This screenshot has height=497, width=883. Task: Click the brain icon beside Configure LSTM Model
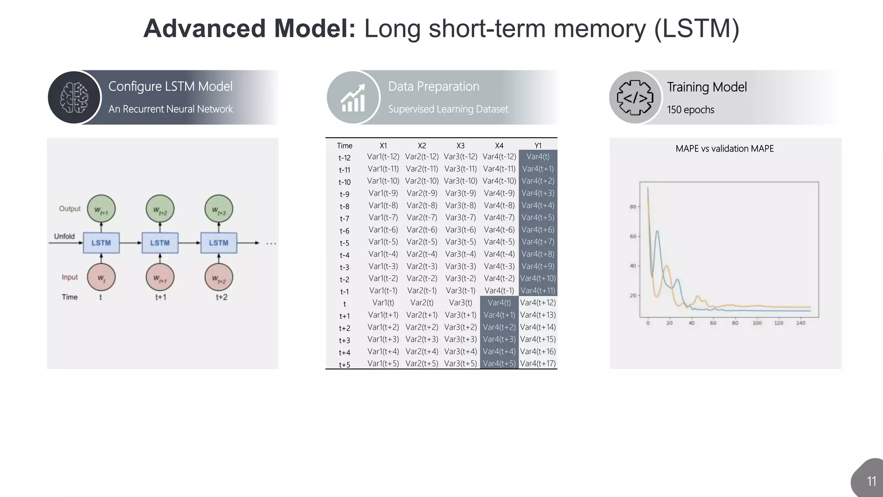pos(74,98)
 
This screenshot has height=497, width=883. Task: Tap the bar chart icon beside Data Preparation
pos(353,98)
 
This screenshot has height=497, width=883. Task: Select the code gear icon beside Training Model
pos(635,98)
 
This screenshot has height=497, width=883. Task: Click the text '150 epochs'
pos(690,110)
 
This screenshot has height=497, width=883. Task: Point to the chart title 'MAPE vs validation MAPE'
pos(724,148)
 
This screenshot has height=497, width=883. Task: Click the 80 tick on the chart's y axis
pos(633,207)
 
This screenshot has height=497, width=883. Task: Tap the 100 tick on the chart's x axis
pos(757,323)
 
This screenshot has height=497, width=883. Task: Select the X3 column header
pos(460,146)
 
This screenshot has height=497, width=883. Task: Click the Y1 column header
pos(538,146)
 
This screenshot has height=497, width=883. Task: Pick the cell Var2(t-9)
pos(422,193)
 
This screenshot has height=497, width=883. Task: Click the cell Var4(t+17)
pos(538,363)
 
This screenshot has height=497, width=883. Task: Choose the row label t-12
pos(344,158)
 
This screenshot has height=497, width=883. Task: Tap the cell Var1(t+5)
pos(383,363)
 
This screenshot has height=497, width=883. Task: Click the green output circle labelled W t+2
pos(160,209)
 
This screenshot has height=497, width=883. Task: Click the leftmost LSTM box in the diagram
pos(101,243)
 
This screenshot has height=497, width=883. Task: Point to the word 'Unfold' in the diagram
pos(64,236)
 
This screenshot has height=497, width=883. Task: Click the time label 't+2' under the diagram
pos(221,297)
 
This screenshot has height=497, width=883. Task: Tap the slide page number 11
pos(871,481)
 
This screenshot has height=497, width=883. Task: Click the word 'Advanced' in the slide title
pos(204,28)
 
